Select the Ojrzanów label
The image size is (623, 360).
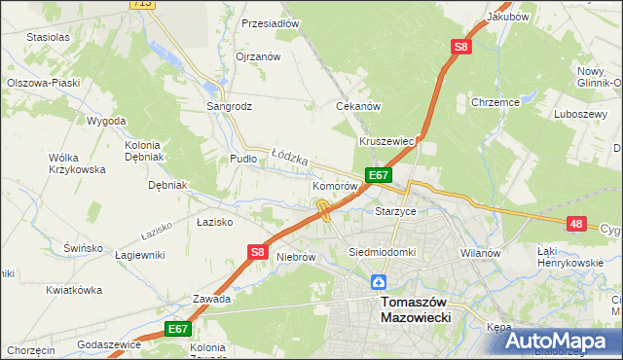coord(258,56)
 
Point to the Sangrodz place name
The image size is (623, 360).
coord(228,106)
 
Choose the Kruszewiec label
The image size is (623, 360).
coord(387,141)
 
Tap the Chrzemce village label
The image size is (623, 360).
coord(495,101)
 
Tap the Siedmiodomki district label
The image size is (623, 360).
coord(383,252)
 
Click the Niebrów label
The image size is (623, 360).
coord(297,257)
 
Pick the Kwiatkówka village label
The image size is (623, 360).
coord(74,290)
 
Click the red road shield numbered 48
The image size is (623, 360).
coord(577,224)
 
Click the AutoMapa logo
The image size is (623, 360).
coord(556,341)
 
